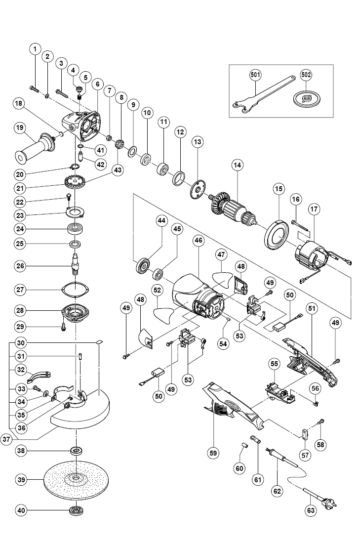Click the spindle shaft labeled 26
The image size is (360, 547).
coord(76,265)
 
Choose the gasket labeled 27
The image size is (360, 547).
coord(76,289)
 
